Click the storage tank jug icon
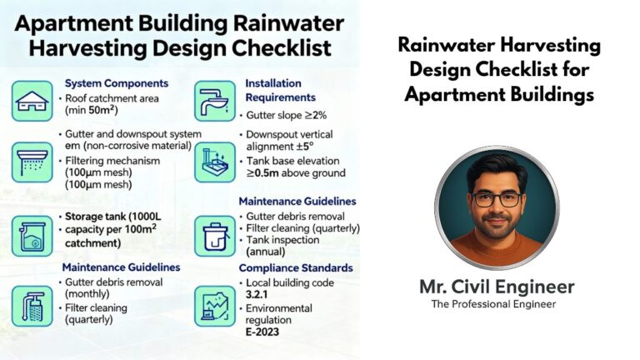[32, 236]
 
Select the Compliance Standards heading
[295, 267]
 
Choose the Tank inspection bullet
[282, 240]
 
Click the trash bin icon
[215, 236]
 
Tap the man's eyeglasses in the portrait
[497, 199]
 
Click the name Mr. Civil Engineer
[497, 287]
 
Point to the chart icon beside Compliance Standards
[215, 307]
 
